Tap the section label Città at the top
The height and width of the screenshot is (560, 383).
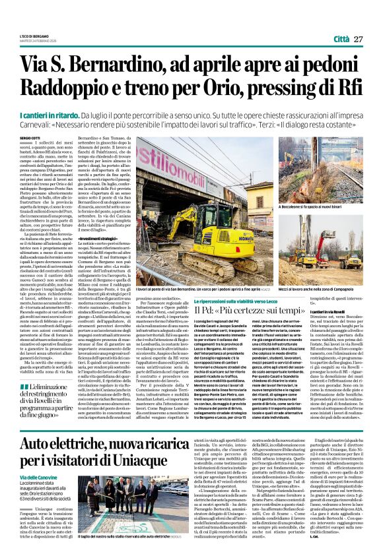341,40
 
